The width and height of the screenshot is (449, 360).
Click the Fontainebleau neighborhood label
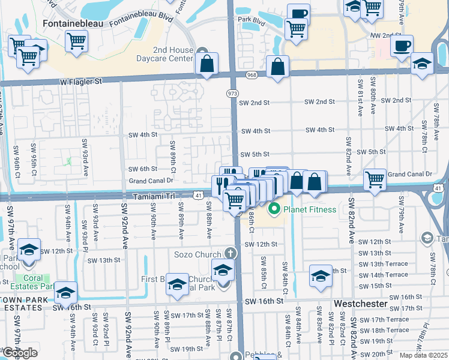click(73, 22)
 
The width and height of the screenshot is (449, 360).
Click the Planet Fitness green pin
click(275, 209)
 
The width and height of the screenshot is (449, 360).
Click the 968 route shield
click(251, 75)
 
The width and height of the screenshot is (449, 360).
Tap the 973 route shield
click(232, 94)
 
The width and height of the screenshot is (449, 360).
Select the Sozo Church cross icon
click(229, 254)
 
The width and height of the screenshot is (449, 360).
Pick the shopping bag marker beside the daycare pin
click(206, 65)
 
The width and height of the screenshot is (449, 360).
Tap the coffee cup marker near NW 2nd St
click(402, 46)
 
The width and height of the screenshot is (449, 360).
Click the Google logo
click(20, 352)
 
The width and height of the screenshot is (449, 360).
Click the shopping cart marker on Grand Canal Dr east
click(375, 178)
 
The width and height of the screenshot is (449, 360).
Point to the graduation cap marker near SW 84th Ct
click(321, 275)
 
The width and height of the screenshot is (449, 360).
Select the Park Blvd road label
click(252, 20)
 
